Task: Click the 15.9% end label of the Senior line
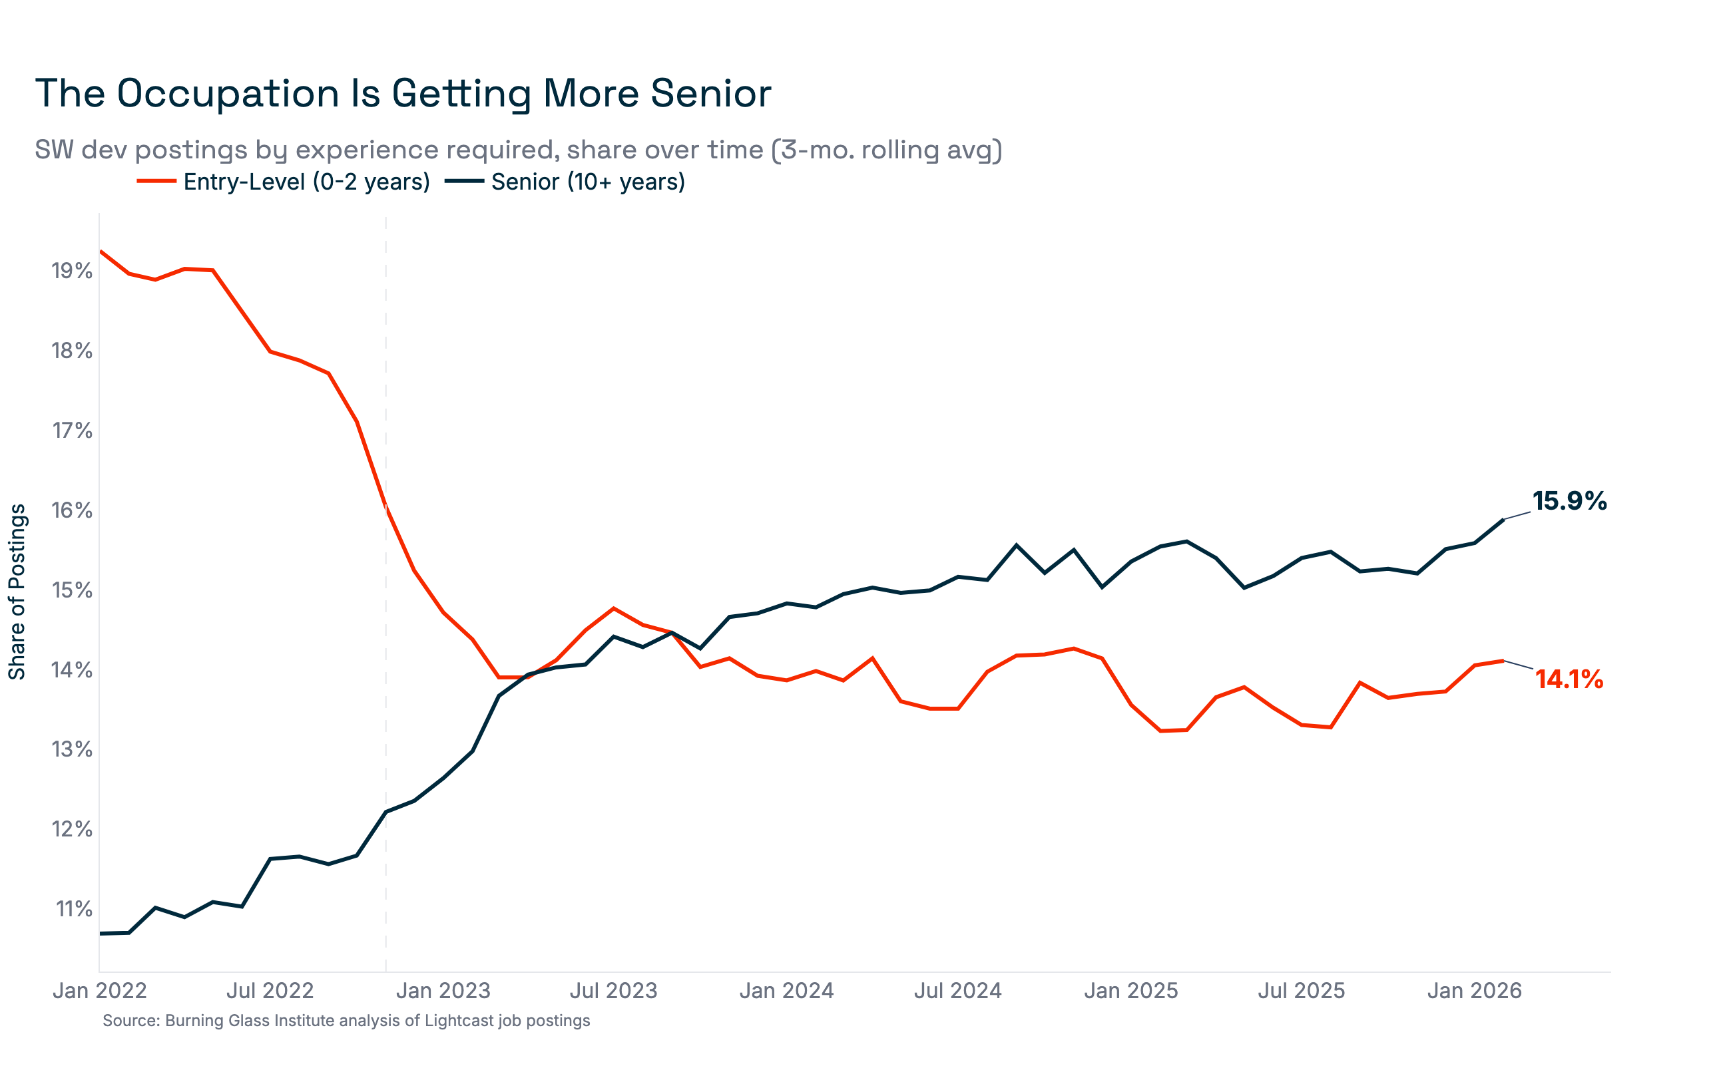tap(1569, 501)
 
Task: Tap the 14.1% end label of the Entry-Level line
tap(1569, 679)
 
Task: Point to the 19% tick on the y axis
tap(72, 271)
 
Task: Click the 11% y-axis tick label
tap(73, 909)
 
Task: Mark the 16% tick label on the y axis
tap(72, 510)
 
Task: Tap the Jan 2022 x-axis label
tap(100, 991)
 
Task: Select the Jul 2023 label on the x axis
tap(613, 991)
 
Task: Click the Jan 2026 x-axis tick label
tap(1474, 991)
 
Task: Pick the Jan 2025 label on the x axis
tap(1131, 991)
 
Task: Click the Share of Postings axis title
tap(17, 592)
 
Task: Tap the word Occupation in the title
tap(228, 93)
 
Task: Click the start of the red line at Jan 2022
tap(101, 251)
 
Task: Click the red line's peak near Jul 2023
tap(614, 608)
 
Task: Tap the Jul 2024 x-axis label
tap(958, 991)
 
